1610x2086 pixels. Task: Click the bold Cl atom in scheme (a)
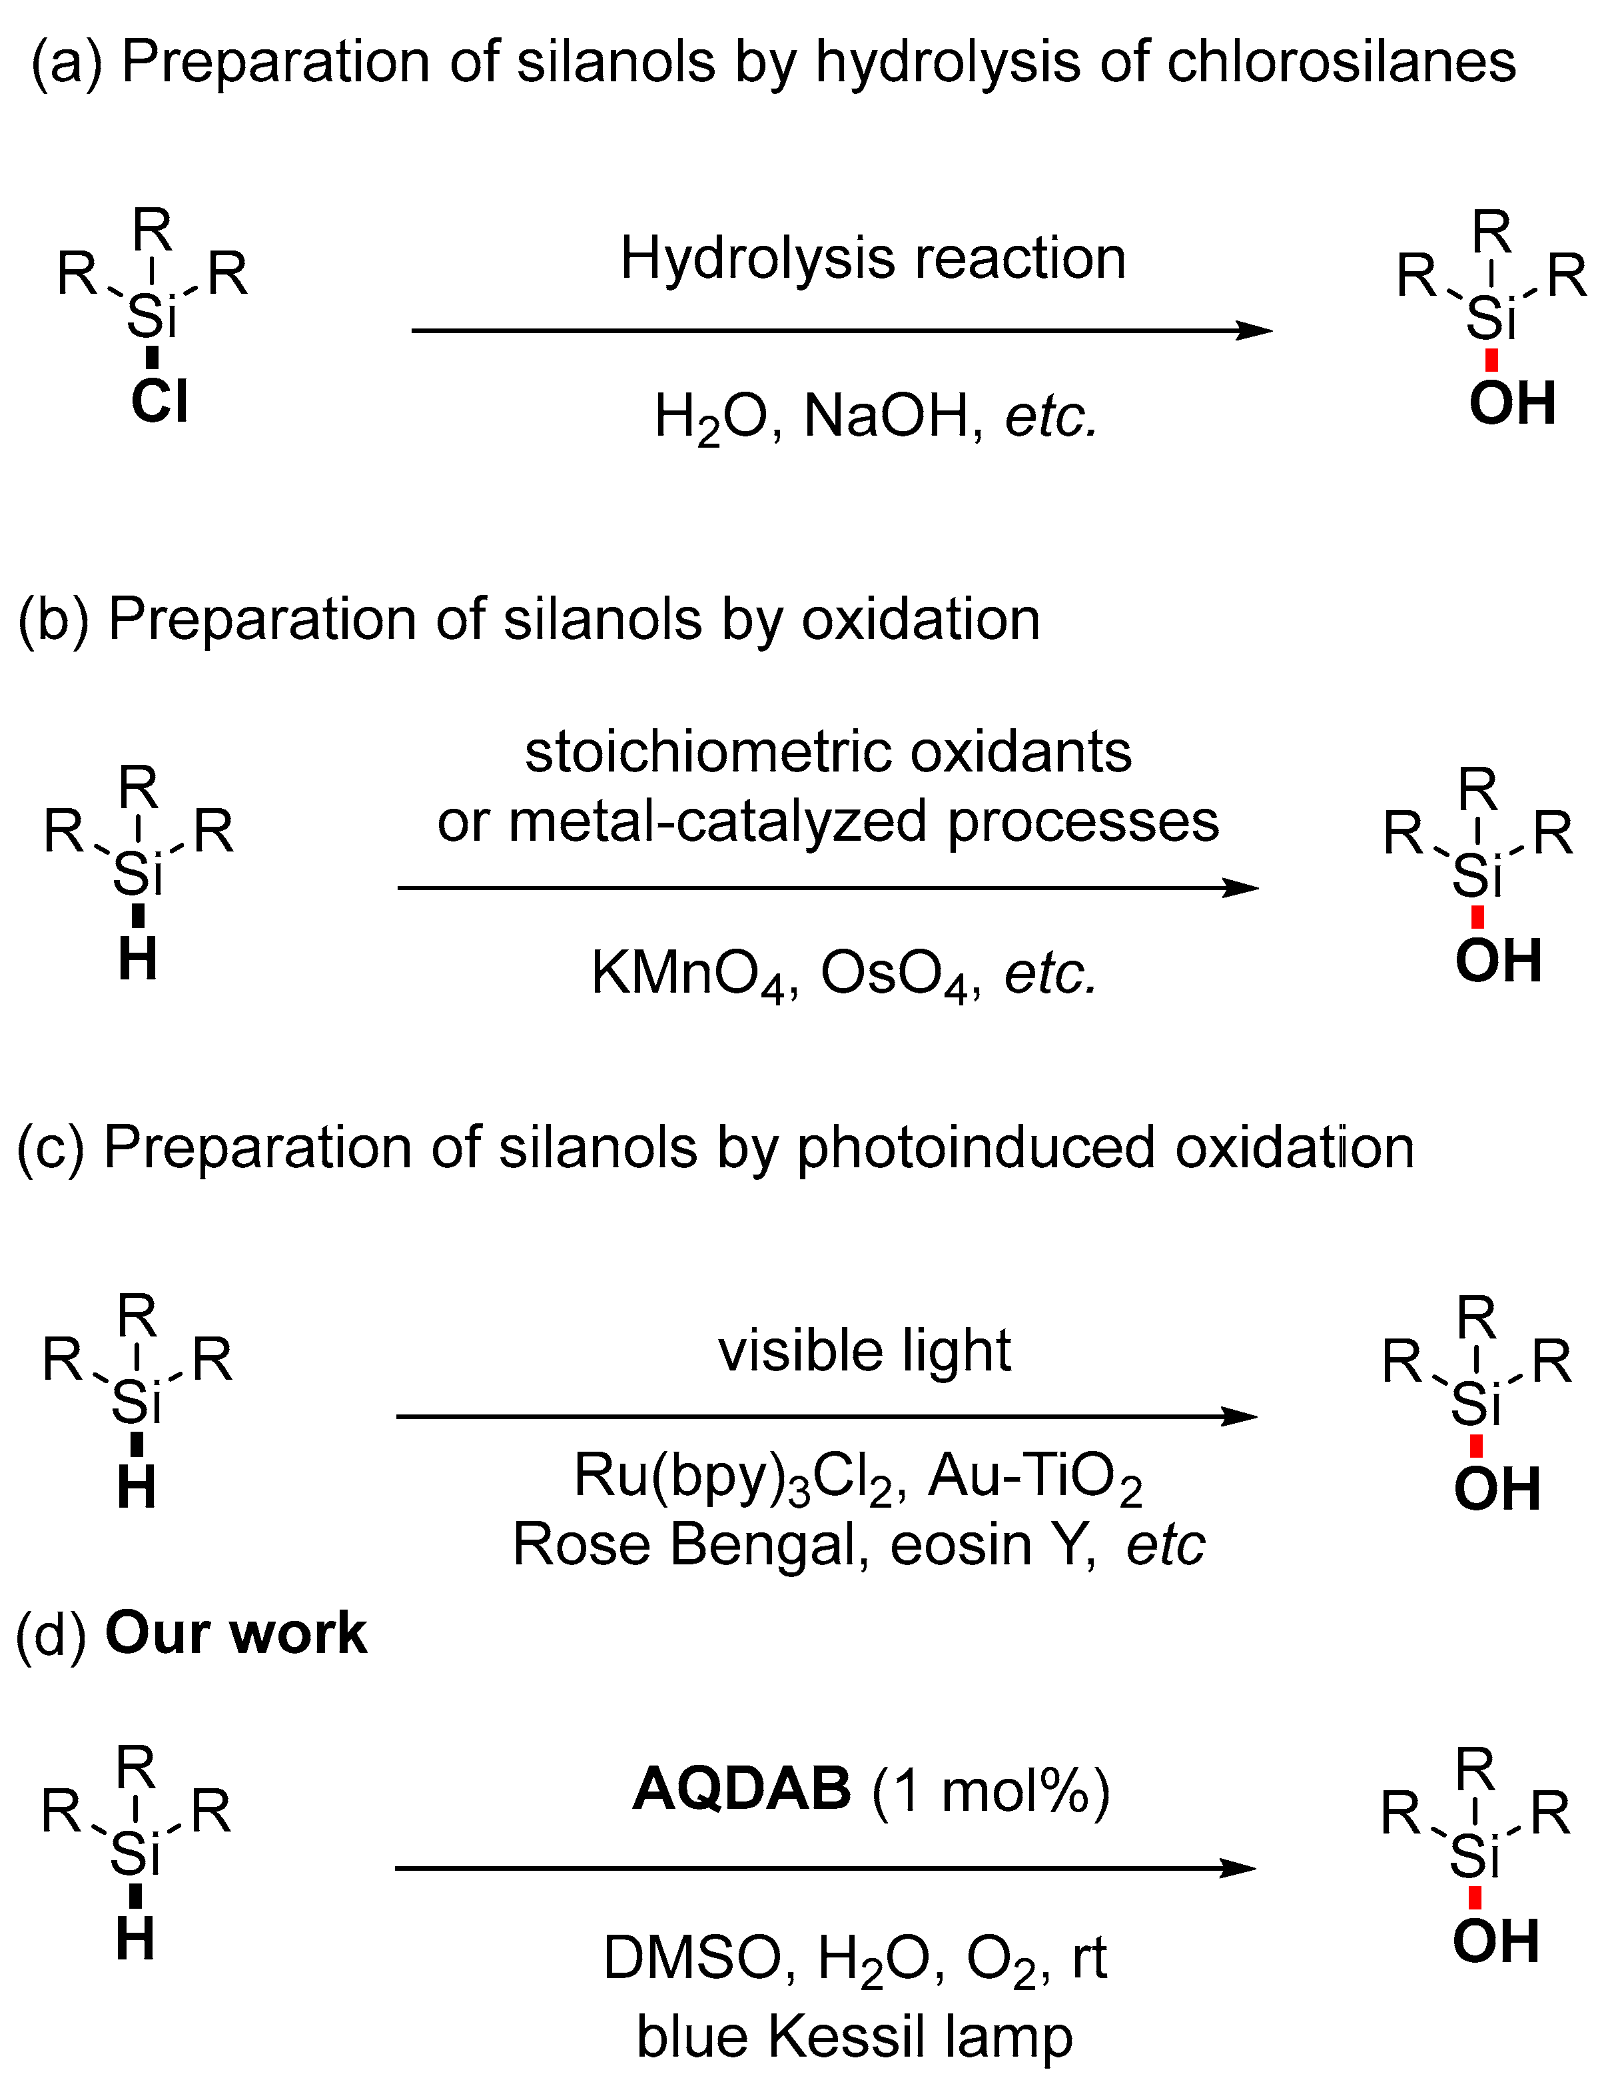(159, 401)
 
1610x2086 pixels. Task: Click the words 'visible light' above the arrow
(864, 1352)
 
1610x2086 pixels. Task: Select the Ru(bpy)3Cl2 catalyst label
(734, 1476)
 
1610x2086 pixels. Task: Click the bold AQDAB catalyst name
(741, 1789)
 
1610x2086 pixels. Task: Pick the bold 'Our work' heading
(236, 1633)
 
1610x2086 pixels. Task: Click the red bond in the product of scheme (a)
(1491, 360)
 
